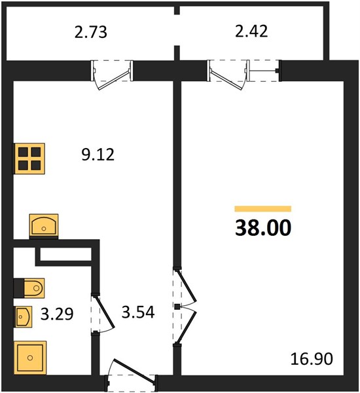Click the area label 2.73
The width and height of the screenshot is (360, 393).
(91, 32)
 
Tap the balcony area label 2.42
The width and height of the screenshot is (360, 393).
(251, 31)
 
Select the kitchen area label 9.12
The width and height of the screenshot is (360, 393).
(98, 155)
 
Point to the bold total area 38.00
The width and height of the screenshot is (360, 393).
(263, 227)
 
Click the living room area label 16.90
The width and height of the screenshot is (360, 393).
(312, 358)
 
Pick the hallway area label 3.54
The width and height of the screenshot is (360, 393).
(138, 312)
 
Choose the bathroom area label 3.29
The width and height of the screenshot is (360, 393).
(57, 314)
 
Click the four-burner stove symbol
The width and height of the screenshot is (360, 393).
(29, 159)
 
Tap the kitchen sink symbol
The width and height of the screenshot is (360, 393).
(44, 225)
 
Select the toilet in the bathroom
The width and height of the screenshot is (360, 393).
(29, 288)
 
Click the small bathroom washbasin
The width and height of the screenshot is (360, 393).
(24, 317)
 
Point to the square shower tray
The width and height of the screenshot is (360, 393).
(30, 358)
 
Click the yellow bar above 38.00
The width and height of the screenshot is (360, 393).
(262, 208)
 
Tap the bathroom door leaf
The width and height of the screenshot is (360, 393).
(105, 312)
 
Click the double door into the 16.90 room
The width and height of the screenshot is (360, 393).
(187, 307)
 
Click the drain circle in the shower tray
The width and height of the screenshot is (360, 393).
(30, 358)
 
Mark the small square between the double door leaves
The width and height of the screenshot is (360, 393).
(177, 307)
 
